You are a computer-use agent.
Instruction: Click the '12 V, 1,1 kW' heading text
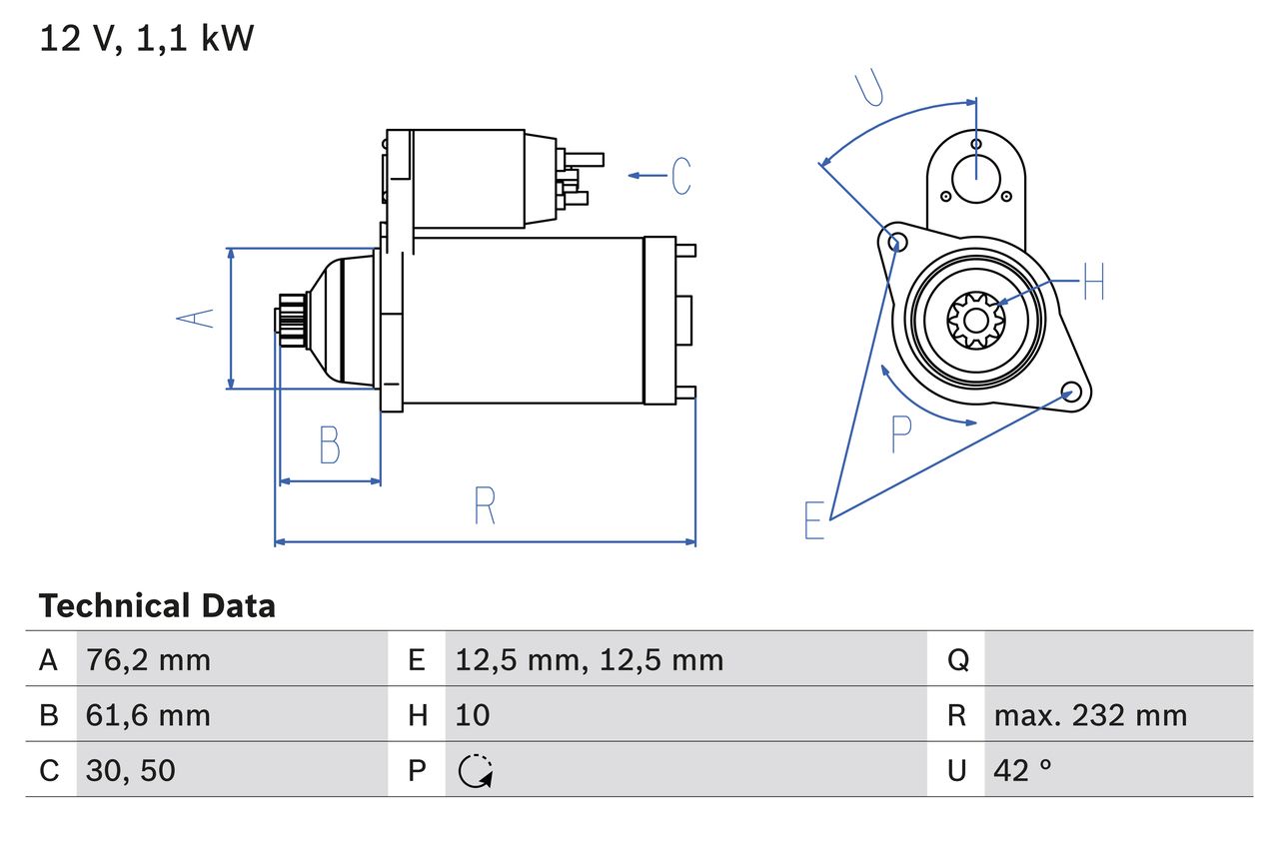pos(147,39)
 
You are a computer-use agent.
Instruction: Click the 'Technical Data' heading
pos(157,606)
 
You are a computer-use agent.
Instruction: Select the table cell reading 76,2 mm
pos(148,659)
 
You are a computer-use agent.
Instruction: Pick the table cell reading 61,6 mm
pos(148,715)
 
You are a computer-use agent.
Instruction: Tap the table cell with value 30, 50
pos(131,770)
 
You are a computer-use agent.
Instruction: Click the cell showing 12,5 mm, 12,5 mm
pos(589,659)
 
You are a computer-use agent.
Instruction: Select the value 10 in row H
pos(473,715)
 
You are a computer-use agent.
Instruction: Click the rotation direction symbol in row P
pos(476,770)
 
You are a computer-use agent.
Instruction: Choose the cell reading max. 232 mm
pos(1090,715)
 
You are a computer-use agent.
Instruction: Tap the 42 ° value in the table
pos(1023,770)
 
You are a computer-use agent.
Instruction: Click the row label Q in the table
pos(956,659)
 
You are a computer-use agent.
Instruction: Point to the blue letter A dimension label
pos(196,318)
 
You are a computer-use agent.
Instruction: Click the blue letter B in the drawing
pos(329,445)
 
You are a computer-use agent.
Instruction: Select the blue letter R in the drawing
pos(485,506)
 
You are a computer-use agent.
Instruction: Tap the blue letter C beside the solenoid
pos(681,176)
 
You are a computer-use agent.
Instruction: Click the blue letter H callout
pos(1093,284)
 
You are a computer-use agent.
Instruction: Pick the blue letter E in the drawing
pos(814,520)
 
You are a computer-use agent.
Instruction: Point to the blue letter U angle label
pos(870,89)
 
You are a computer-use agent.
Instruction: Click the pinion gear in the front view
pos(974,320)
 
